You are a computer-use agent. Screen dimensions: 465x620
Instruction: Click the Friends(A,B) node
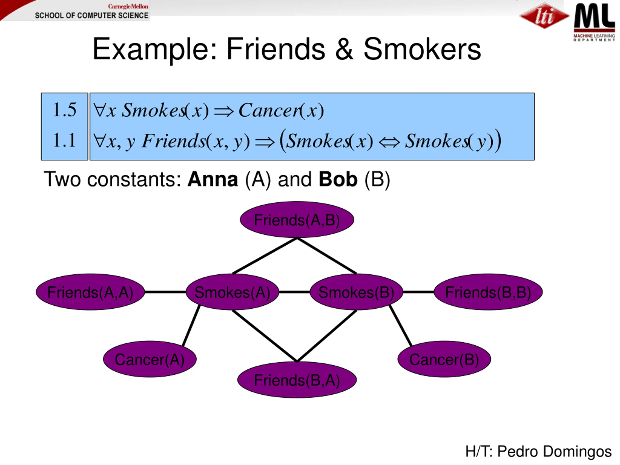coord(297,220)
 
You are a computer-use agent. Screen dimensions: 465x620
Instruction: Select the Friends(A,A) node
coord(90,292)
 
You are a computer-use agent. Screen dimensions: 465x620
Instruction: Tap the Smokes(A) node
coord(232,292)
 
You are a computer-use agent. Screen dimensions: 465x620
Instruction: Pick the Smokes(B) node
coord(356,292)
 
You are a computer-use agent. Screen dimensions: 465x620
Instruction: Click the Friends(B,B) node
coord(488,292)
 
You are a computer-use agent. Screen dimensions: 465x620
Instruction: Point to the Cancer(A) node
coord(150,359)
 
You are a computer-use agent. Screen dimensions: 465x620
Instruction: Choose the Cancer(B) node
coord(444,359)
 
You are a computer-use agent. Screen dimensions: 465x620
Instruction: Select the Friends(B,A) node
coord(297,380)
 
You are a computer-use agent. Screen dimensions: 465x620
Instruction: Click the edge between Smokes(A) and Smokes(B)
coord(294,292)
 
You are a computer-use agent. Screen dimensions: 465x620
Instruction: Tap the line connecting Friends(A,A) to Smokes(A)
coord(165,292)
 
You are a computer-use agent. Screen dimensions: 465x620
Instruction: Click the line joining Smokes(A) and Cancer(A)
coord(191,326)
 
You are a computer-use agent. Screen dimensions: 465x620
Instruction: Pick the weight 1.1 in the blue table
coord(64,140)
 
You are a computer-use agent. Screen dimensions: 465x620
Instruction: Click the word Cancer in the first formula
coord(269,110)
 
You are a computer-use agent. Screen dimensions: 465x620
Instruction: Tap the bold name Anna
coord(213,179)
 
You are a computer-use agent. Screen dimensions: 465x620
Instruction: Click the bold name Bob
coord(338,179)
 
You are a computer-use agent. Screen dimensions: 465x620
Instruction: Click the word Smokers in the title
coord(422,49)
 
